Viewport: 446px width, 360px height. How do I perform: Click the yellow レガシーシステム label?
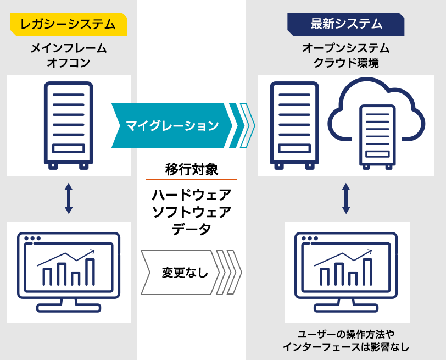68,24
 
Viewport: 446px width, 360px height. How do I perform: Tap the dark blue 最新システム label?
346,24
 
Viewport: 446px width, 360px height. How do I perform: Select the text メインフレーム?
69,48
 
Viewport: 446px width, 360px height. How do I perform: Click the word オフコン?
69,63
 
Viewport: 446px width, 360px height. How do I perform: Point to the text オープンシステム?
346,48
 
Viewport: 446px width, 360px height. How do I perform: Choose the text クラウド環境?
346,63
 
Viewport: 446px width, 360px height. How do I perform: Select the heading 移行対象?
192,169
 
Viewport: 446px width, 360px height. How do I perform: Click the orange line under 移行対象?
192,180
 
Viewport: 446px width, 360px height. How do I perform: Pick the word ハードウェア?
192,195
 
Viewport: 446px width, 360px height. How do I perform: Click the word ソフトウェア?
192,212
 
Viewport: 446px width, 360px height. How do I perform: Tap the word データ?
192,229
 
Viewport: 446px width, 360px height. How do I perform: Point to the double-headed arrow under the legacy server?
69,198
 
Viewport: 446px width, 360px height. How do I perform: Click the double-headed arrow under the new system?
346,198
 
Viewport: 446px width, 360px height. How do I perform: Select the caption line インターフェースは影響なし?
346,347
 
